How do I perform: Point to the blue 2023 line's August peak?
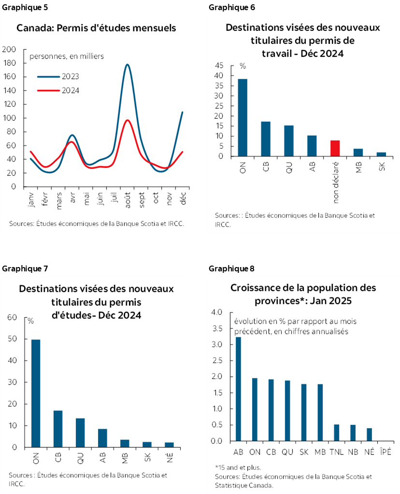pyautogui.click(x=127, y=65)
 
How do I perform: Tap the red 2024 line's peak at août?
pyautogui.click(x=127, y=121)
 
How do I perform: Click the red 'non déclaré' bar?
pyautogui.click(x=335, y=148)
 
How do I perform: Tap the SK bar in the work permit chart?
pyautogui.click(x=381, y=154)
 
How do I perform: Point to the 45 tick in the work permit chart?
pyautogui.click(x=219, y=66)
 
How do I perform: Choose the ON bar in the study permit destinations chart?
pyautogui.click(x=35, y=393)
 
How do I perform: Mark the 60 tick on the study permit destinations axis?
pyautogui.click(x=13, y=317)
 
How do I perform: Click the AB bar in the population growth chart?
pyautogui.click(x=239, y=389)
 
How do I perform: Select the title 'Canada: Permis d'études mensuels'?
pyautogui.click(x=96, y=28)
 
